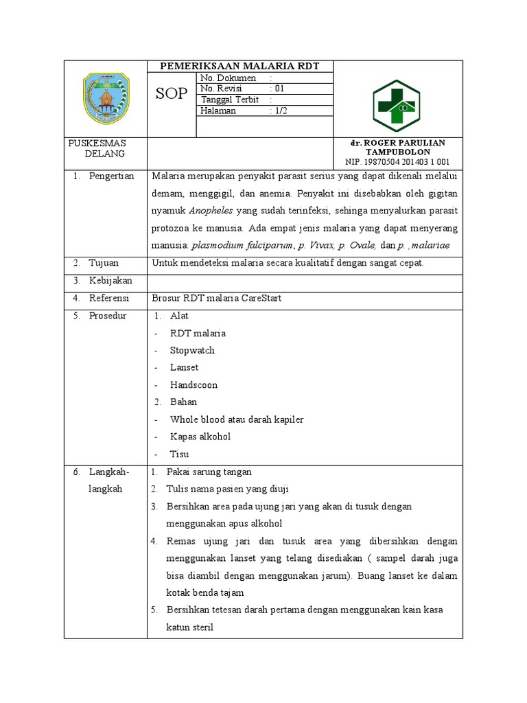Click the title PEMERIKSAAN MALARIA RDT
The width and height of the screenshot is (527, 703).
[x=240, y=66]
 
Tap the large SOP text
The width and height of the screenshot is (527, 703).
[x=171, y=94]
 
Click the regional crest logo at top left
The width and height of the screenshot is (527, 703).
[x=106, y=97]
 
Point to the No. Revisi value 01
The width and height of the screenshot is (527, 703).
[x=279, y=89]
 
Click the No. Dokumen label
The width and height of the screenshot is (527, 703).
[x=228, y=78]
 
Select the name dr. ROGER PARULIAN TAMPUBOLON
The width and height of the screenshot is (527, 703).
[x=397, y=147]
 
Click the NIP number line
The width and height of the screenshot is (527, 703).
[x=397, y=162]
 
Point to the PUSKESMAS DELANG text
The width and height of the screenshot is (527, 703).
[x=97, y=148]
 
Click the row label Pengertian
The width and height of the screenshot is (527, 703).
[x=111, y=176]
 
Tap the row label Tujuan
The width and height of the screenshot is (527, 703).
[x=104, y=263]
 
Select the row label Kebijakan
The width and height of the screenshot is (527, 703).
[x=110, y=281]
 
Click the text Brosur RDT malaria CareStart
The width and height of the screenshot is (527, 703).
[x=217, y=299]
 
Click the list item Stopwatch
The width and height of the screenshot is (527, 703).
[x=192, y=350]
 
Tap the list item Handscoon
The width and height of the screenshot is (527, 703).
[x=194, y=385]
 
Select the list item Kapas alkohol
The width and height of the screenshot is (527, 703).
[x=200, y=437]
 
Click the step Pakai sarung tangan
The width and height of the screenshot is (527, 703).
[x=209, y=472]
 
